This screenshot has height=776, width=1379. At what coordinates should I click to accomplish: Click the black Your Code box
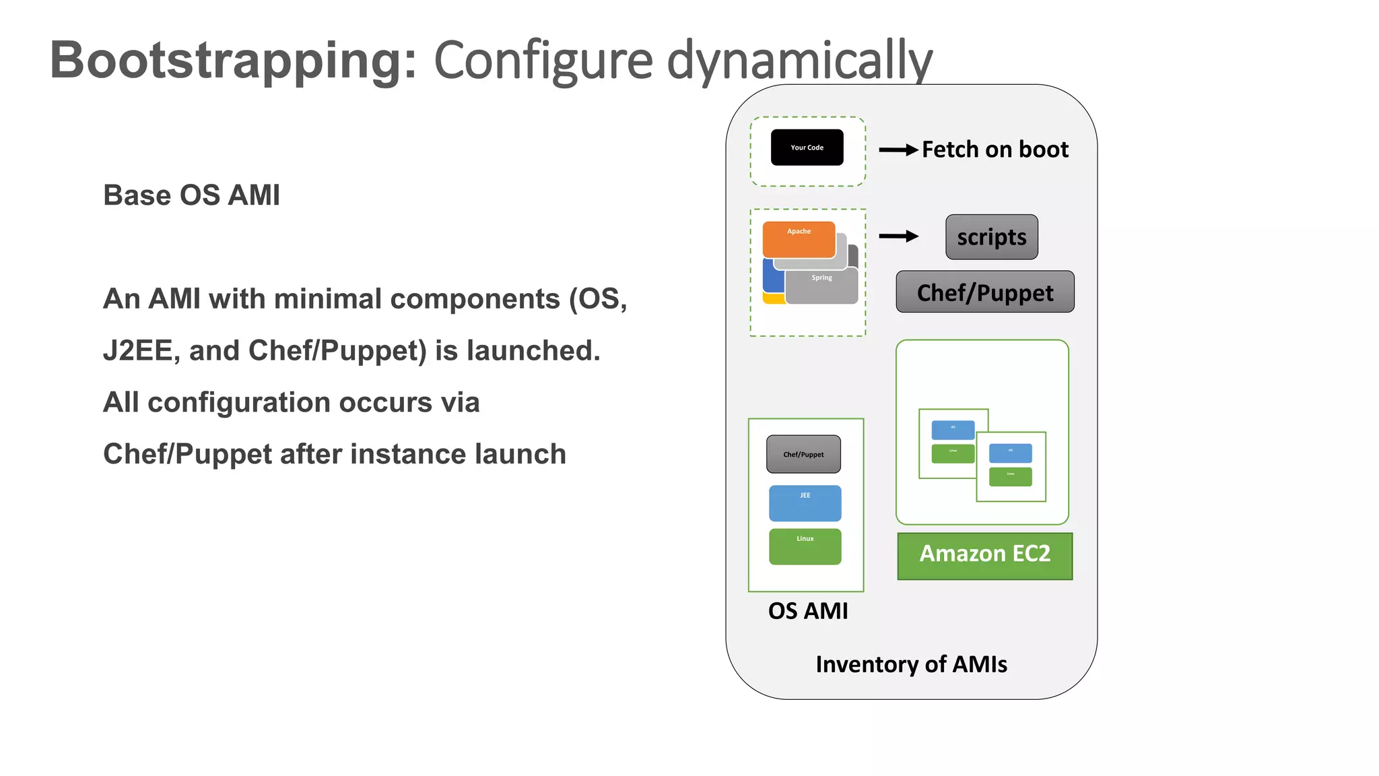pyautogui.click(x=807, y=148)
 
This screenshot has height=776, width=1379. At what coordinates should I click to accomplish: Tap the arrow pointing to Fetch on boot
pyautogui.click(x=898, y=150)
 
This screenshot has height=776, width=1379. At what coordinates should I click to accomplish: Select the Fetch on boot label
pyautogui.click(x=995, y=150)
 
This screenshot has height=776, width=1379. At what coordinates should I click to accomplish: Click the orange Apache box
pyautogui.click(x=799, y=238)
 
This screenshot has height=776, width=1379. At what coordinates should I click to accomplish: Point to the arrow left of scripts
pyautogui.click(x=898, y=236)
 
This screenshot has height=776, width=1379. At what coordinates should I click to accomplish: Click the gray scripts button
pyautogui.click(x=991, y=237)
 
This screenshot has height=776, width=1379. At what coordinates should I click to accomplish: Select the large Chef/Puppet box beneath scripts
pyautogui.click(x=984, y=292)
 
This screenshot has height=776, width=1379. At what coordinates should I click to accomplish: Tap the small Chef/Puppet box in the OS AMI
pyautogui.click(x=803, y=455)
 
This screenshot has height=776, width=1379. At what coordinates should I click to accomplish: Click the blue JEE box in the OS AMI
pyautogui.click(x=805, y=503)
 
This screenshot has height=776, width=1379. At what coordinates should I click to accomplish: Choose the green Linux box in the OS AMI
pyautogui.click(x=805, y=546)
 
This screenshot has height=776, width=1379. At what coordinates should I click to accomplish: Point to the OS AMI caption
pyautogui.click(x=808, y=611)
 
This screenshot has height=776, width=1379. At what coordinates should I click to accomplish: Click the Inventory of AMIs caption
pyautogui.click(x=911, y=664)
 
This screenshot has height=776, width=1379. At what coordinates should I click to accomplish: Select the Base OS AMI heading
pyautogui.click(x=191, y=195)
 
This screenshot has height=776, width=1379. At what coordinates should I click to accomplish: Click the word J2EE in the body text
pyautogui.click(x=137, y=351)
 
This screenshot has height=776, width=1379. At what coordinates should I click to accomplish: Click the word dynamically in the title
pyautogui.click(x=799, y=61)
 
